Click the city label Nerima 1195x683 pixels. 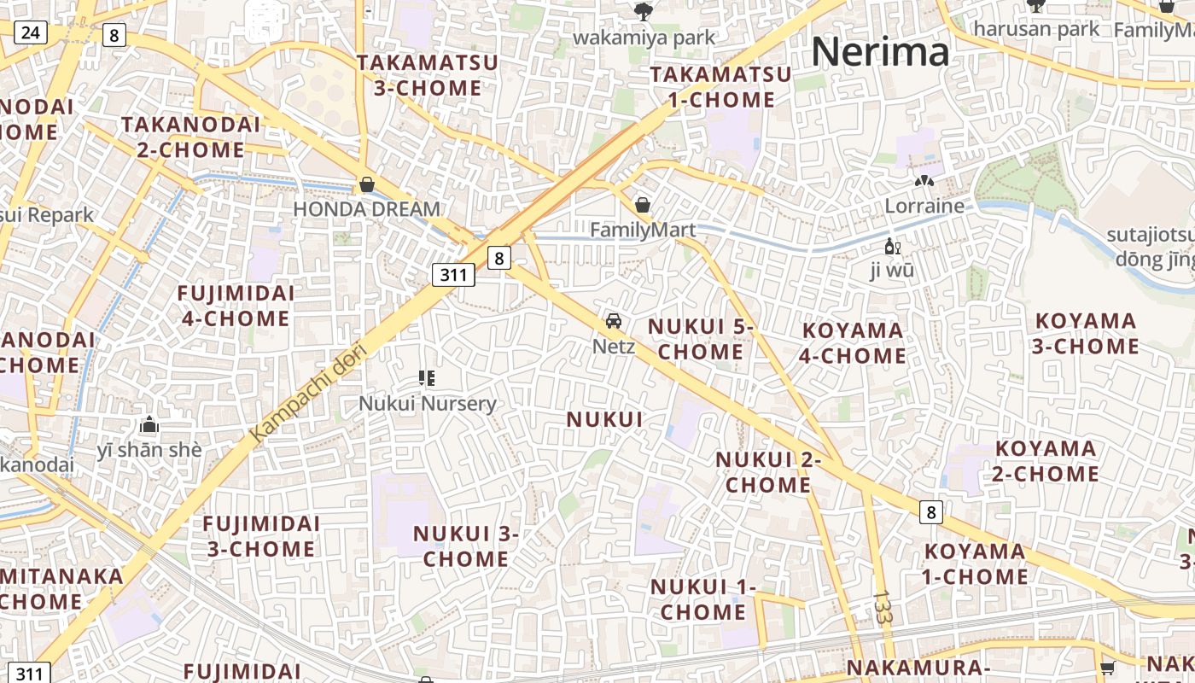tap(880, 52)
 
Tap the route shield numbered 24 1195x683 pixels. tap(31, 33)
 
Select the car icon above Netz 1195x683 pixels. tap(613, 321)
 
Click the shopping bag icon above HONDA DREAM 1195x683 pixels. tap(367, 184)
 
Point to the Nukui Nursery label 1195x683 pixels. tap(427, 403)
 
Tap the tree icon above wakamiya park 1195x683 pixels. tap(644, 11)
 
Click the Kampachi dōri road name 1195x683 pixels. tap(309, 394)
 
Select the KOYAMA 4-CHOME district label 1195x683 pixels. tap(853, 342)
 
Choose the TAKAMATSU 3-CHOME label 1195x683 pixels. tap(419, 75)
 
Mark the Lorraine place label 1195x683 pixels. tap(924, 206)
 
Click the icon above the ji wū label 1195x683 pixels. tap(893, 247)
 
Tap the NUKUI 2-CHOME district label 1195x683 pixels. tap(767, 472)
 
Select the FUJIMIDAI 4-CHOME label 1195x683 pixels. tap(236, 306)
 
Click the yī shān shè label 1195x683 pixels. tap(149, 449)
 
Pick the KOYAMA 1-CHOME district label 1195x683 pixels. tap(975, 563)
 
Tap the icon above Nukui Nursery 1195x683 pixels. tap(427, 377)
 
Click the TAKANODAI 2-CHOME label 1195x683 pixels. tap(190, 137)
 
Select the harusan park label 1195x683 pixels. tap(1036, 29)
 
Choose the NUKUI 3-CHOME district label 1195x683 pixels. tap(466, 546)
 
